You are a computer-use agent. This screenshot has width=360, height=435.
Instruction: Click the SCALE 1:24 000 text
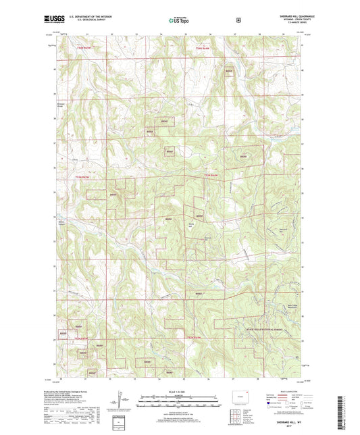pyautogui.click(x=180, y=393)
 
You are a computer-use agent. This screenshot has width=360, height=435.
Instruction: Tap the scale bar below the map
pyautogui.click(x=180, y=400)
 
